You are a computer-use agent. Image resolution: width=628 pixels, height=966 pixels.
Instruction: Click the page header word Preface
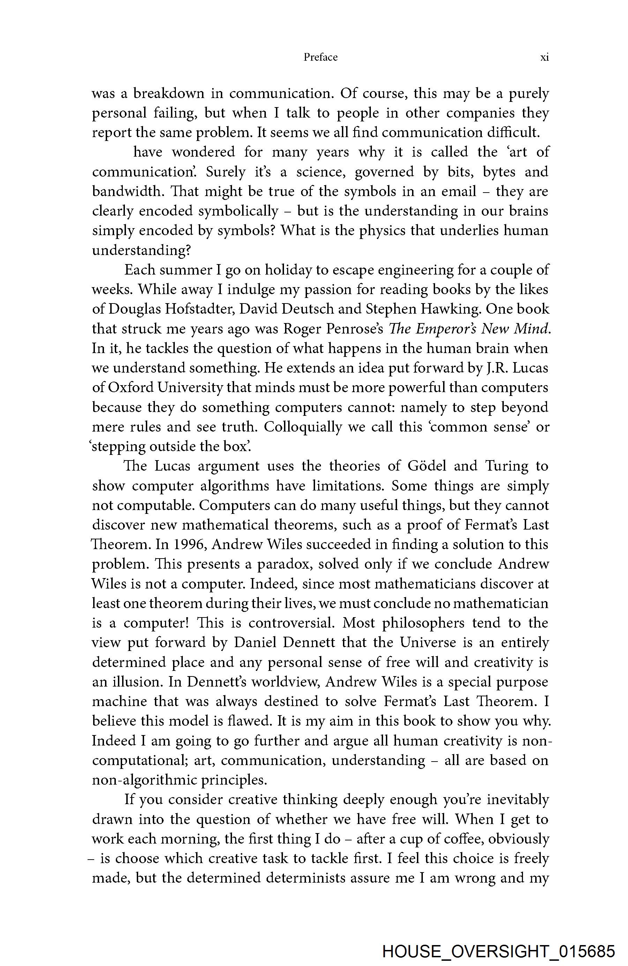click(320, 57)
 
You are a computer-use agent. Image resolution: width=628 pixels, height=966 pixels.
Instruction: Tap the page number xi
click(544, 57)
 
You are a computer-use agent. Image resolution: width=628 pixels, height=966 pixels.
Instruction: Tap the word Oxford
click(131, 388)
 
